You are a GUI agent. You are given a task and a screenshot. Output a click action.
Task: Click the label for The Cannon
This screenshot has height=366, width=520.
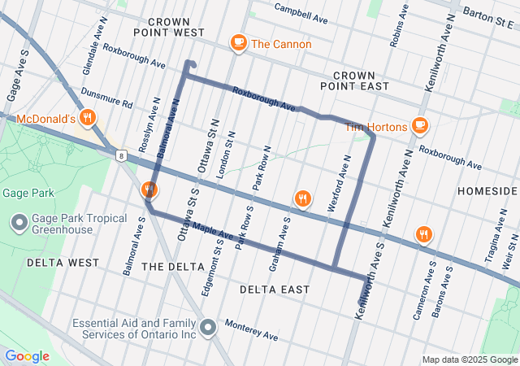click(281, 43)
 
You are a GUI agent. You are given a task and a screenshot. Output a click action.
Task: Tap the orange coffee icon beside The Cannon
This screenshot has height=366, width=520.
click(238, 42)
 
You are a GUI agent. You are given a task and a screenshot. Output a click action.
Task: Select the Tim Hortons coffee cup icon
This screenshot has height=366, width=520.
click(419, 125)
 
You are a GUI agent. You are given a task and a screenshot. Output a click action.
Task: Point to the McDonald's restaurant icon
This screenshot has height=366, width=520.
click(89, 119)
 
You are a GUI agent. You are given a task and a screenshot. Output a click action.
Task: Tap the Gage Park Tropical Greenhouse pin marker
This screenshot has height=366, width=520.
click(19, 222)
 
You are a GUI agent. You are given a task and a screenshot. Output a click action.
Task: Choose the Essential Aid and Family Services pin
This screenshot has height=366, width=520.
click(209, 328)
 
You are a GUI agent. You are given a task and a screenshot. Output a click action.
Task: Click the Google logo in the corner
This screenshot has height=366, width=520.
click(27, 356)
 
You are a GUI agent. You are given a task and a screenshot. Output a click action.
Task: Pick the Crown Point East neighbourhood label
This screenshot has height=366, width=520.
click(354, 80)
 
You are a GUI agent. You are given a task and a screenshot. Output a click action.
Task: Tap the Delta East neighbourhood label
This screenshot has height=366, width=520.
click(275, 290)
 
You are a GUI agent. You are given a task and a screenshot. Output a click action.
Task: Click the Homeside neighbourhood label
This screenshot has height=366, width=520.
click(487, 190)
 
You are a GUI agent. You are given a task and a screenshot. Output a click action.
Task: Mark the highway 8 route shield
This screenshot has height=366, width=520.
click(121, 155)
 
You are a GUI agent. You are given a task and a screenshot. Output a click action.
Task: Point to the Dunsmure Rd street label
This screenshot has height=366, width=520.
click(105, 98)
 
